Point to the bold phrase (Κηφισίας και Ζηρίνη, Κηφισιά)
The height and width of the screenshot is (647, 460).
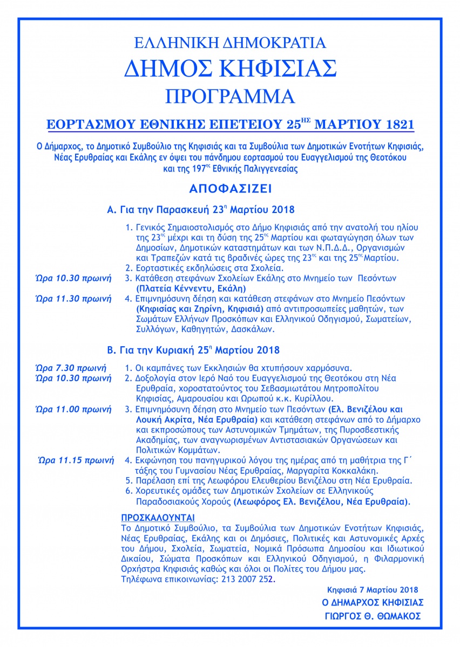pyautogui.click(x=196, y=308)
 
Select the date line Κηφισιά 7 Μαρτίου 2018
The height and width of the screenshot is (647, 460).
pyautogui.click(x=372, y=589)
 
